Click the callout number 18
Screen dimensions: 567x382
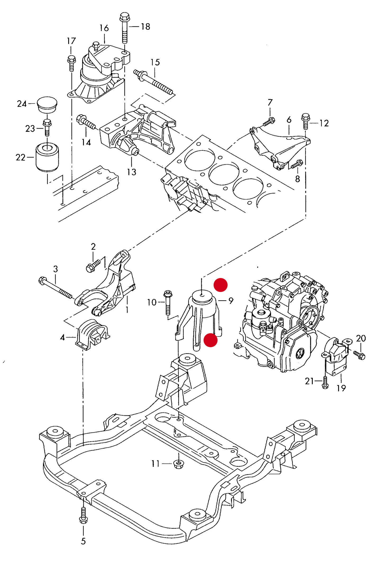[x=145, y=27]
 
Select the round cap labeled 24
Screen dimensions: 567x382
[x=47, y=105]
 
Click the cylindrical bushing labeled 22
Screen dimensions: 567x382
[x=47, y=157]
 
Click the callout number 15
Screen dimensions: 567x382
[x=155, y=62]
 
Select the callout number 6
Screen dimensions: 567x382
[x=289, y=120]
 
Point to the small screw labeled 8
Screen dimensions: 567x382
[x=297, y=164]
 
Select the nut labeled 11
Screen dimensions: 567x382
[x=179, y=464]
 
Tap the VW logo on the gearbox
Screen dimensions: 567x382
[x=300, y=353]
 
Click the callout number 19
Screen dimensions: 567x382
[x=341, y=388]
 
